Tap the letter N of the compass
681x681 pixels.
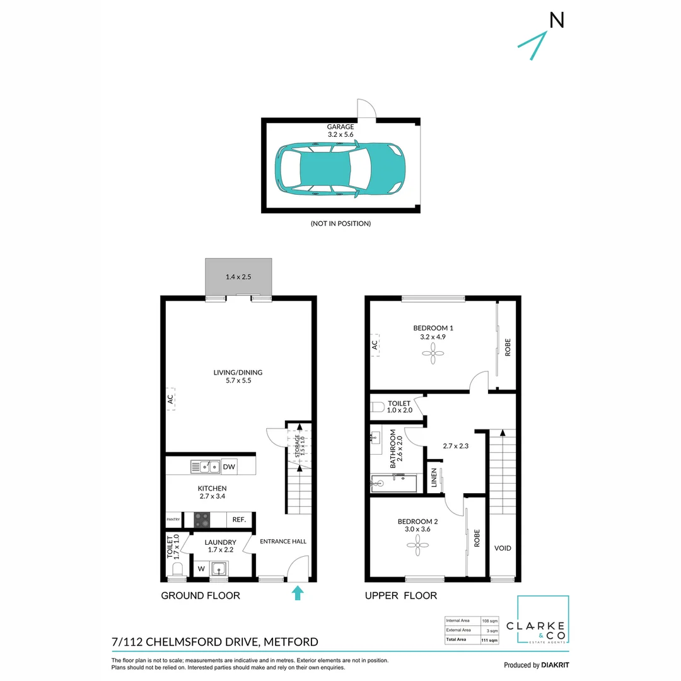[556, 21]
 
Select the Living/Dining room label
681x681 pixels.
[238, 376]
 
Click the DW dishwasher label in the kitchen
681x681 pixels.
[229, 467]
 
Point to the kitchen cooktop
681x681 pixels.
[202, 520]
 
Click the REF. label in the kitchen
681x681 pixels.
[238, 520]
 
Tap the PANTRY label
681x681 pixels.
[173, 520]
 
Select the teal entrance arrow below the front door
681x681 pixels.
[298, 593]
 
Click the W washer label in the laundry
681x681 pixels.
[201, 569]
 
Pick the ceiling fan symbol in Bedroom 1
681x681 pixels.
[433, 356]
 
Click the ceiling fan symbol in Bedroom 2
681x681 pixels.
[417, 549]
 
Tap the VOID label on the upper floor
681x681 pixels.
[503, 548]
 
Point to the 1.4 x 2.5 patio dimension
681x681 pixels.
[238, 277]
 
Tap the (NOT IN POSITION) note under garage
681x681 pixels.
[340, 223]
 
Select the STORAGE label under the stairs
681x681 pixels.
[299, 445]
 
